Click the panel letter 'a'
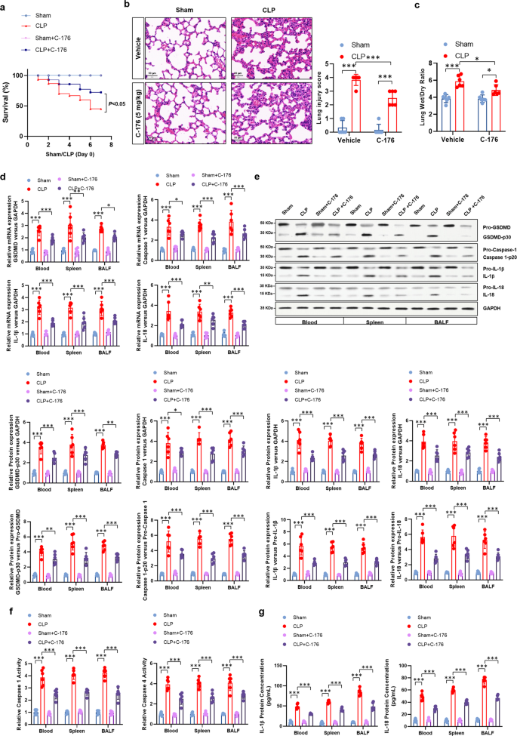coord(5,5)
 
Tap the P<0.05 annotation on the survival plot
coord(118,103)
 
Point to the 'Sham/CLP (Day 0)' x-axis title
coord(69,142)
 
